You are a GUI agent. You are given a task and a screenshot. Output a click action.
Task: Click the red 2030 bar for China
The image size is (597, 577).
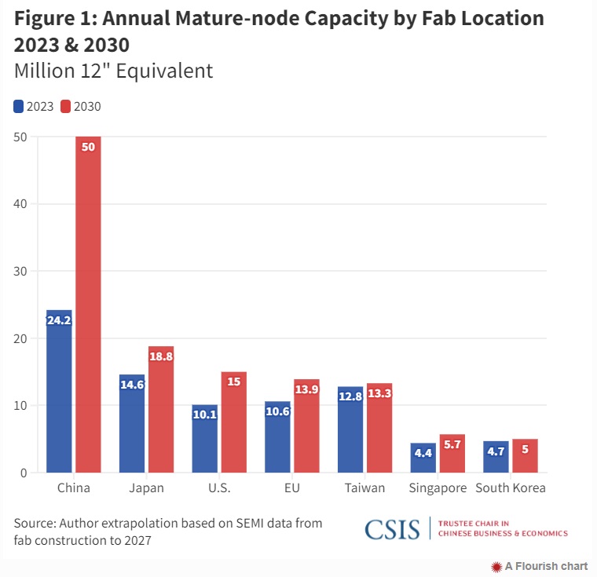click(88, 306)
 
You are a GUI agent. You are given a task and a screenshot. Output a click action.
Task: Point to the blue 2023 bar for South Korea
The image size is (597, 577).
click(496, 457)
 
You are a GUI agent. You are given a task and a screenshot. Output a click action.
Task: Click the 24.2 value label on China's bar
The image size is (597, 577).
click(59, 320)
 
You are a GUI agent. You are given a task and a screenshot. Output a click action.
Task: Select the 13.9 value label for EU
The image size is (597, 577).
click(306, 389)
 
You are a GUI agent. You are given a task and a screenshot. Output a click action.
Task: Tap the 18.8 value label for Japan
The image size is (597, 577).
click(160, 356)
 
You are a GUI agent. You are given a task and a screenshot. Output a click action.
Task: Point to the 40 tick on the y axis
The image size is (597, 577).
click(21, 204)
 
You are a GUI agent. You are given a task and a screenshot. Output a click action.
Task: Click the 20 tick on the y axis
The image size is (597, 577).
click(21, 338)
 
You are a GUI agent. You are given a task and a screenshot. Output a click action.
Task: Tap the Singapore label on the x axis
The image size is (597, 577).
click(438, 488)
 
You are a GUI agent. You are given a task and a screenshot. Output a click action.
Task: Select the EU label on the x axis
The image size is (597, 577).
click(291, 488)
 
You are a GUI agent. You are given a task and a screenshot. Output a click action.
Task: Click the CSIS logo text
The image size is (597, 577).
click(392, 529)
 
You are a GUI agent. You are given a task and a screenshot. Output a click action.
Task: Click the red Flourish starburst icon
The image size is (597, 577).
click(496, 566)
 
